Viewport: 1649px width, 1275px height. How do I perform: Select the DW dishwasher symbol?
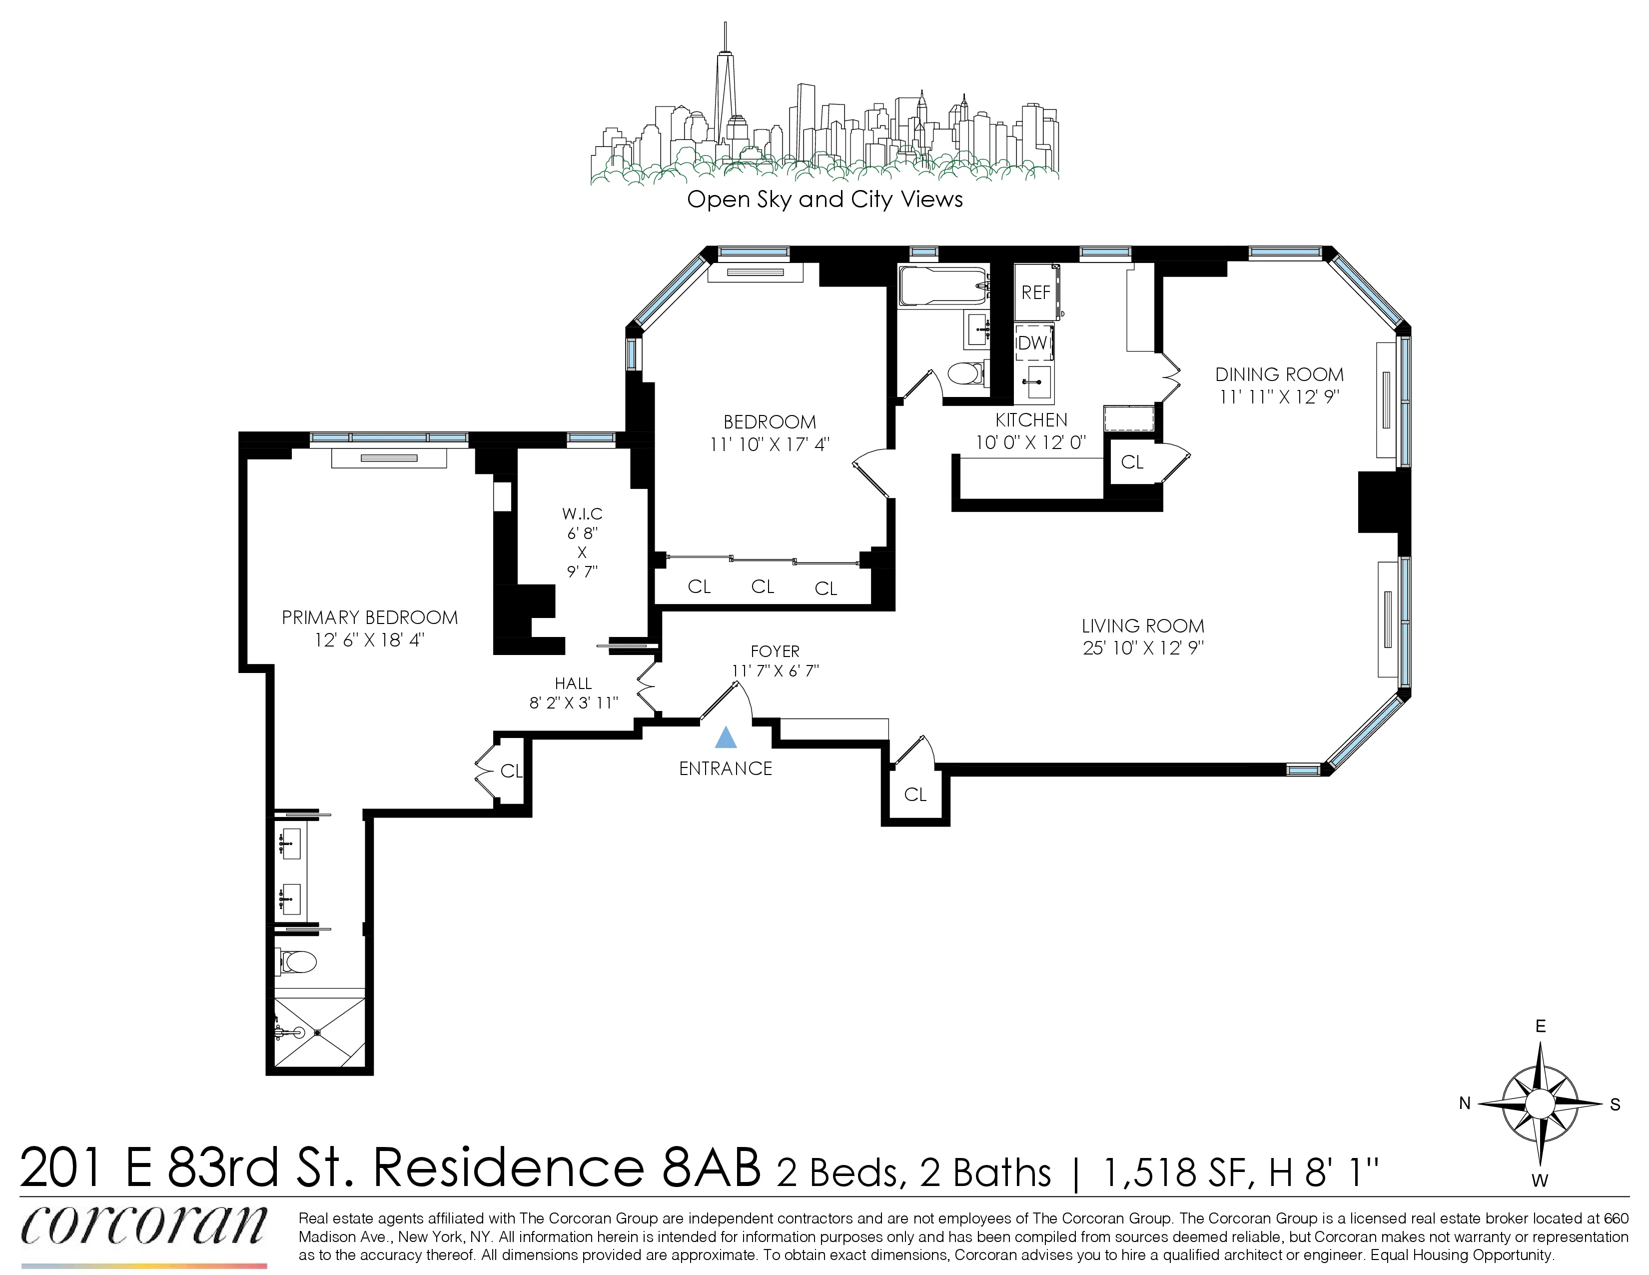(x=1033, y=343)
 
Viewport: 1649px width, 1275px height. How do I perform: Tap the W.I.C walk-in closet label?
(x=582, y=513)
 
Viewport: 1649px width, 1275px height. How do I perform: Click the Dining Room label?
(x=1279, y=374)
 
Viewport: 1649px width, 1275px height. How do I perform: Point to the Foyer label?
(x=775, y=651)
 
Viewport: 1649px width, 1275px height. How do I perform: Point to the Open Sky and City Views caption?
(x=824, y=199)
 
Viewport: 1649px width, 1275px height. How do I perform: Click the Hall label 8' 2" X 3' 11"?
(x=574, y=693)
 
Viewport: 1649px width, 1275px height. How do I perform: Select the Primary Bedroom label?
(x=369, y=618)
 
